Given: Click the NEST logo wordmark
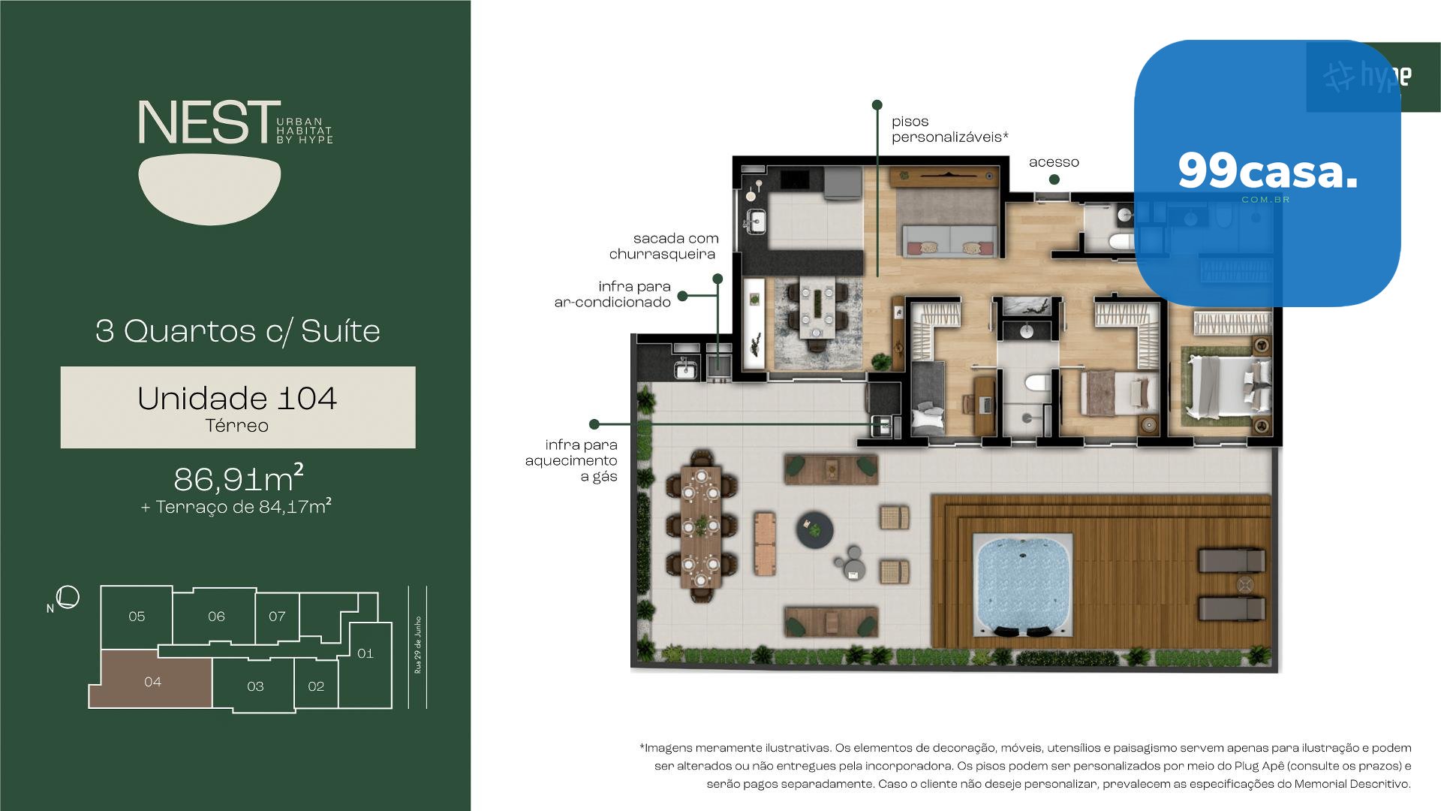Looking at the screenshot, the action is [203, 122].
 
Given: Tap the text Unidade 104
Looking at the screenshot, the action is [237, 398].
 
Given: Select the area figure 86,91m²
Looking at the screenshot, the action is [239, 478].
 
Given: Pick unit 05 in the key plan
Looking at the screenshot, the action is [137, 617].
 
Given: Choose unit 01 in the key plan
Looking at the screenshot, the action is [366, 653].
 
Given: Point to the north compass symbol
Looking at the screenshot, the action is [68, 597].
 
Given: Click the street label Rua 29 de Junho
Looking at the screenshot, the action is [418, 645].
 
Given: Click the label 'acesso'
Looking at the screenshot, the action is [1054, 162].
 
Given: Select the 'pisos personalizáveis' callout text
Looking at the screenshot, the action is [950, 129].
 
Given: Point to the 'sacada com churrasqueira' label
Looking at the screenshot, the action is [663, 246].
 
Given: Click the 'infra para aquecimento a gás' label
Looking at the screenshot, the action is [571, 460].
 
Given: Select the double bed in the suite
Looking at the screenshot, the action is [1229, 387].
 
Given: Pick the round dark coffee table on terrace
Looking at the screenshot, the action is [815, 528].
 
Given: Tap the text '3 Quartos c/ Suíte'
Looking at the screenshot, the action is [238, 331].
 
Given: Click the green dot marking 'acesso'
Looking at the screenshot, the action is [1054, 179].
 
